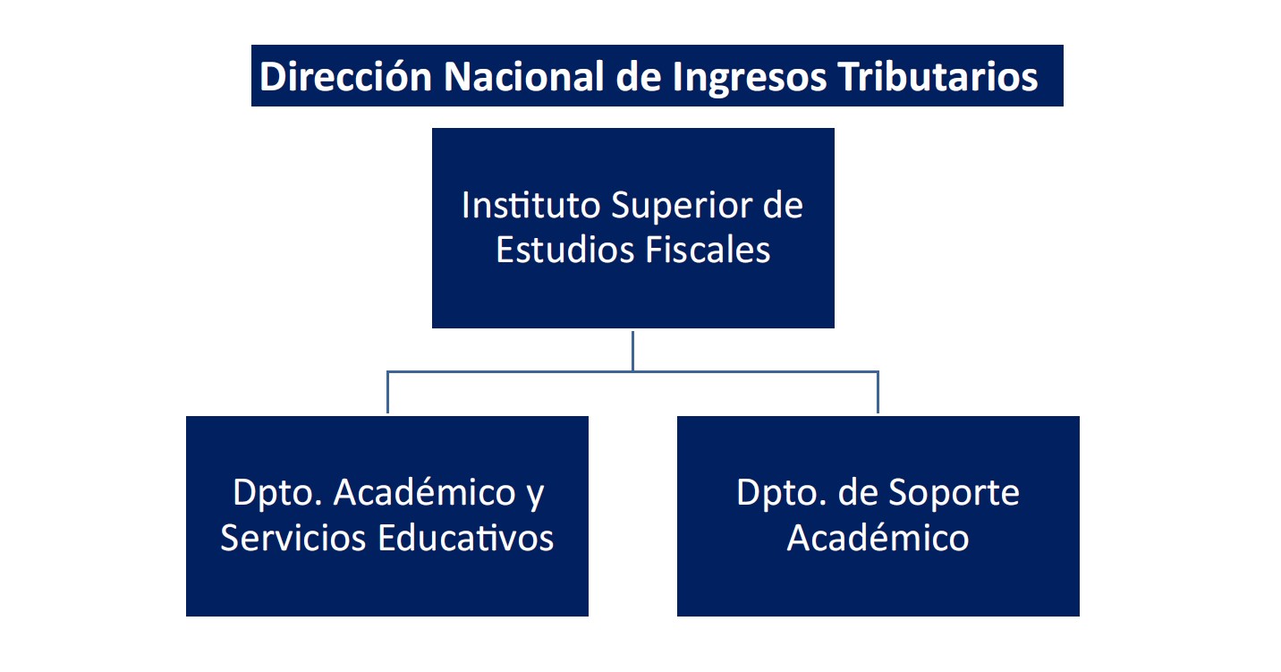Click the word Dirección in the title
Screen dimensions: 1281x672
pos(345,76)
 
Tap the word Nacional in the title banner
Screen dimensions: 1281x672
pos(523,76)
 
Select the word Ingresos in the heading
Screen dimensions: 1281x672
pos(749,77)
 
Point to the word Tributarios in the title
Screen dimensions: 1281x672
pos(937,76)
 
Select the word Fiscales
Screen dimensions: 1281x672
pos(708,250)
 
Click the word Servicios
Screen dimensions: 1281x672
pos(293,538)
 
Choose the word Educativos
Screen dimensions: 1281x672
pos(465,538)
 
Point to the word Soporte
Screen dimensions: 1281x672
pos(954,493)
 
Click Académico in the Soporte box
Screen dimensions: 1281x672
pos(878,538)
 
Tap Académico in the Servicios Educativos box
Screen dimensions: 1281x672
pos(424,492)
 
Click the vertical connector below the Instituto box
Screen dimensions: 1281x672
pos(632,351)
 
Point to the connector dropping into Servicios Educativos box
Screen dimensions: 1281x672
pos(387,392)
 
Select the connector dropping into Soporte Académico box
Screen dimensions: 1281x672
pos(878,392)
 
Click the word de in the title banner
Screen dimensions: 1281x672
pos(638,76)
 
